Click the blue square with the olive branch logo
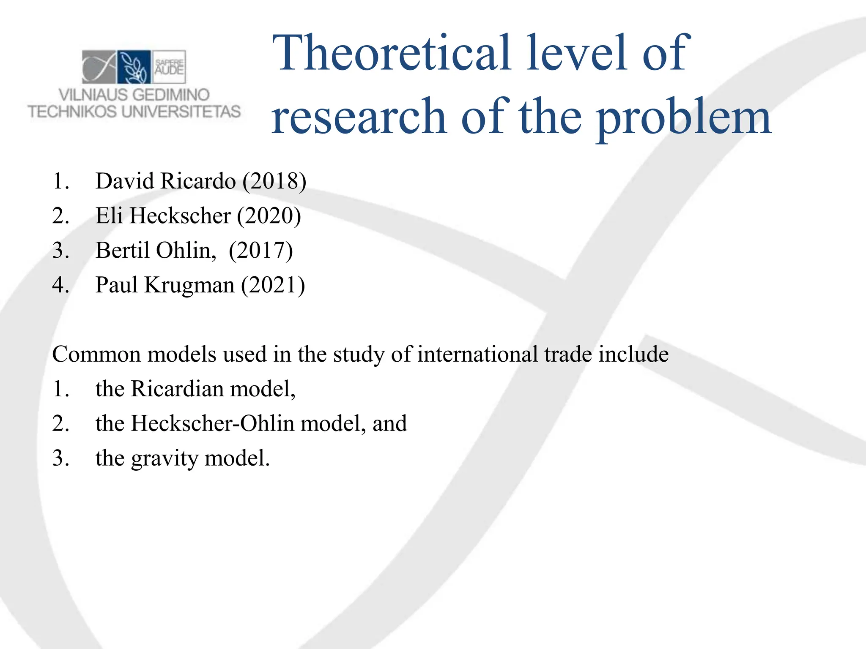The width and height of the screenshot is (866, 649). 134,67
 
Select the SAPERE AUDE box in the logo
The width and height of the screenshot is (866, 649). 169,67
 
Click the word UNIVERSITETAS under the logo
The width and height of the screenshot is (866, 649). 181,112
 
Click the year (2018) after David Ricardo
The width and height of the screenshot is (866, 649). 274,181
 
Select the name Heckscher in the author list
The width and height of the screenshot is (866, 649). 180,216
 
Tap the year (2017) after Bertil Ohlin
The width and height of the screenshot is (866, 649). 260,251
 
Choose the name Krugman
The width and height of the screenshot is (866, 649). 189,285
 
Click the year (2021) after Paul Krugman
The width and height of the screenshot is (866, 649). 273,285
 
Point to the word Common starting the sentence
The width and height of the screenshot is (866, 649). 96,354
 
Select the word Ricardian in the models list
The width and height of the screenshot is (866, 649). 177,389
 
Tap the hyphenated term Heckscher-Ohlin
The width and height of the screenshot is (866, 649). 212,423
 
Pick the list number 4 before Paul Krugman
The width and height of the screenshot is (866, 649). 60,285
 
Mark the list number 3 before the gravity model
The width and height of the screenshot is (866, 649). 60,458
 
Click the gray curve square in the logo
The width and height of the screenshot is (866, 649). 99,67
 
